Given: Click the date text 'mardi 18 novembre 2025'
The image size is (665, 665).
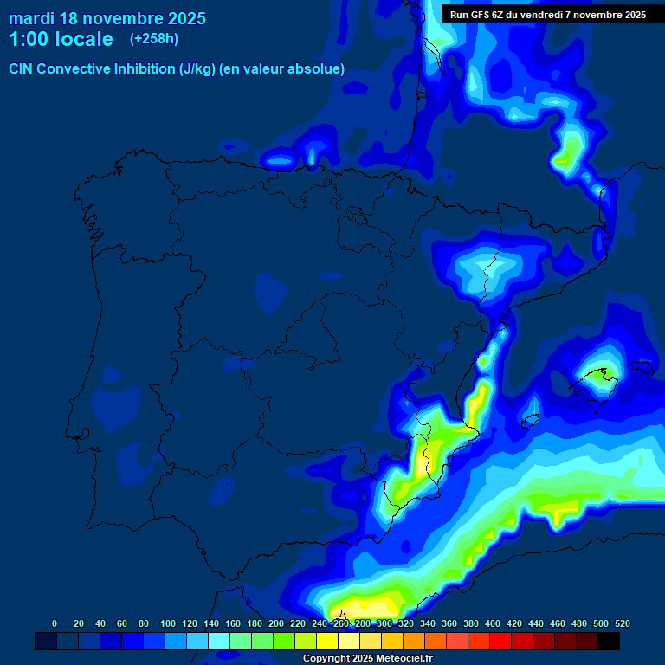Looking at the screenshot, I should (107, 18).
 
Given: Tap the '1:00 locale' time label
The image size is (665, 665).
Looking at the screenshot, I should (61, 40).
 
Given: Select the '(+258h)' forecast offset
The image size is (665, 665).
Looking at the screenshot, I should (153, 39).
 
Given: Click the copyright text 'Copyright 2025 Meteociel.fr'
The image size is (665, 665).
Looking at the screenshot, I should (367, 659).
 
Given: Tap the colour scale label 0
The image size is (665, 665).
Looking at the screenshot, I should (55, 623).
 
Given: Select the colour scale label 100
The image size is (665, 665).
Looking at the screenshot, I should (168, 623).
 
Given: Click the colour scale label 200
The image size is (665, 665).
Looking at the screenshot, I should (276, 623).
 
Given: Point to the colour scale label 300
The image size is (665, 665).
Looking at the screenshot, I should (384, 623).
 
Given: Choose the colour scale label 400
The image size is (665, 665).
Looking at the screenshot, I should (493, 623).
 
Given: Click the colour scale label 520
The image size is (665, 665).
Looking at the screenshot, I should (623, 623).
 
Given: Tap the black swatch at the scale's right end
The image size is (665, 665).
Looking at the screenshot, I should (609, 642).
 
